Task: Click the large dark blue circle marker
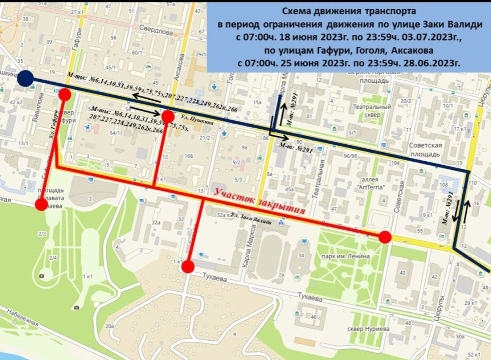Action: (x=25, y=78)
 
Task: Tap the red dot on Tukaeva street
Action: (x=188, y=267)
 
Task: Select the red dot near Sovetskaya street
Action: (x=385, y=237)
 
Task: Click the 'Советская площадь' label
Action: (x=425, y=149)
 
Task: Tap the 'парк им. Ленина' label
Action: (x=345, y=256)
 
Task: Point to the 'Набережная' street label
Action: (x=23, y=317)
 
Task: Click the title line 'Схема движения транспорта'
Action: (x=349, y=11)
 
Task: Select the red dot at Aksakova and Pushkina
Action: (x=168, y=116)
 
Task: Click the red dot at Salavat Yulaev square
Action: (x=41, y=204)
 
